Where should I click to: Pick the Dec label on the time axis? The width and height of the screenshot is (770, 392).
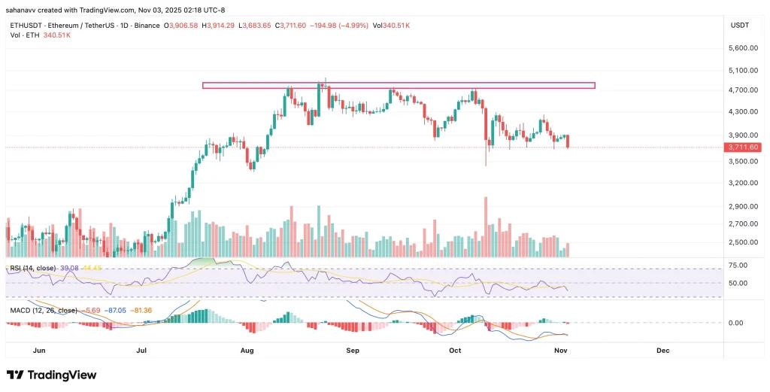tap(662, 351)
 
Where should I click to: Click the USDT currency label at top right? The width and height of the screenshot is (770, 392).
tap(738, 26)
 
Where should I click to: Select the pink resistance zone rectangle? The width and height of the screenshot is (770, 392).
tap(399, 85)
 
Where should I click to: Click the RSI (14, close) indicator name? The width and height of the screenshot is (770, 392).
tap(33, 268)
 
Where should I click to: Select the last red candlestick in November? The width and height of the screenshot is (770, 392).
tap(568, 141)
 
